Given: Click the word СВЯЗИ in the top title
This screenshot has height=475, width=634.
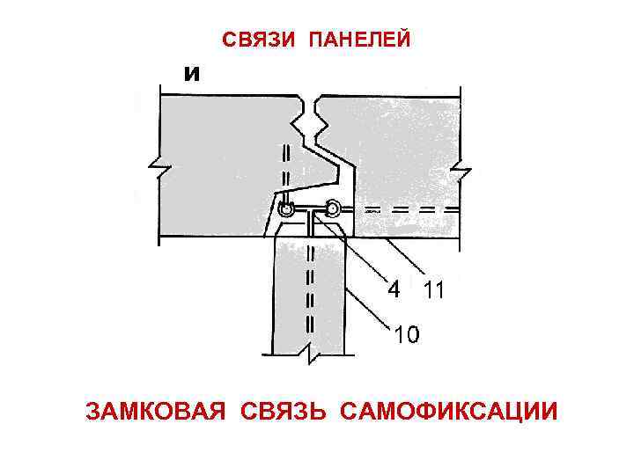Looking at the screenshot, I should (x=255, y=40).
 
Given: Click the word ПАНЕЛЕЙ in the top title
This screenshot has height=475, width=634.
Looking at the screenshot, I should (x=359, y=40).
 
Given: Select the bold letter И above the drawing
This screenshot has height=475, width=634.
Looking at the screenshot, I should (x=192, y=74).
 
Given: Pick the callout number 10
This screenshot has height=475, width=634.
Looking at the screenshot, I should (x=406, y=335).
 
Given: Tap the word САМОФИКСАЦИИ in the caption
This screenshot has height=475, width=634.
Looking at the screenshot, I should (x=447, y=411).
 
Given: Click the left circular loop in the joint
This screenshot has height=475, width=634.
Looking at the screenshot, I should (x=286, y=209).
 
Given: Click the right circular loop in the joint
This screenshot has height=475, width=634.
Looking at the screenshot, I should (x=332, y=208).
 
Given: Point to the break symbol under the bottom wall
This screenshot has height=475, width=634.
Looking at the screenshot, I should (x=313, y=353).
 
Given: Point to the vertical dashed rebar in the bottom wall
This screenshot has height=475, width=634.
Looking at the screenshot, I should (x=308, y=290).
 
